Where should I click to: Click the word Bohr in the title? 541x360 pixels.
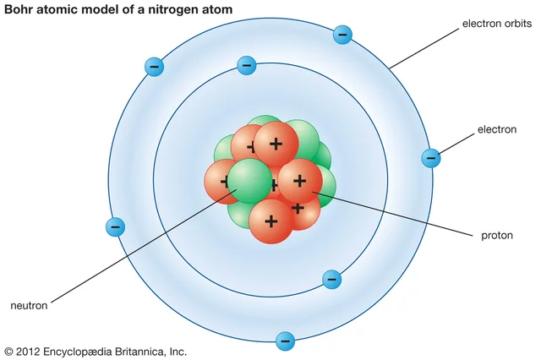point(20,8)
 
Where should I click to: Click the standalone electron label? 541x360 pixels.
point(497,130)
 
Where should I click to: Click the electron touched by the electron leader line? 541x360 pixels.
point(431,157)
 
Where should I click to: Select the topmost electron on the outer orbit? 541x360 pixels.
point(342,35)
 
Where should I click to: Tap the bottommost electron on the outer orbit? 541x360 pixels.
point(286,341)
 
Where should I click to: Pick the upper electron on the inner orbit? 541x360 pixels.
point(247,64)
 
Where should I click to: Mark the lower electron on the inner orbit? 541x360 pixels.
point(331,280)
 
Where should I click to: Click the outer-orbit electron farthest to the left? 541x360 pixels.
point(116,226)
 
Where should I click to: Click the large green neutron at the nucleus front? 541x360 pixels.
point(250,182)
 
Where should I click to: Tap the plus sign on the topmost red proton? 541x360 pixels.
point(276,143)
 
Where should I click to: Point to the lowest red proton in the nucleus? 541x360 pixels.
point(271,221)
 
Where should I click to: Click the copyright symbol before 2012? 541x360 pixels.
point(9,351)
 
